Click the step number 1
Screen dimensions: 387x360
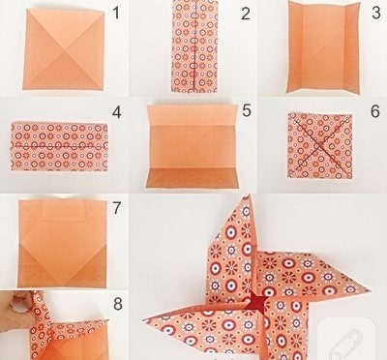[x=116, y=14]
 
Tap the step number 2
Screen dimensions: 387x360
[x=246, y=14]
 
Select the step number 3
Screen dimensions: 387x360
[x=376, y=14]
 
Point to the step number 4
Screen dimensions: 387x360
[x=116, y=112]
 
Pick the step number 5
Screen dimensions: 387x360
[x=247, y=110]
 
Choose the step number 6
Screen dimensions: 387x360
[x=375, y=111]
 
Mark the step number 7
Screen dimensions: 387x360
[x=117, y=208]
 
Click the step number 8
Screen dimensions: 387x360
[x=118, y=304]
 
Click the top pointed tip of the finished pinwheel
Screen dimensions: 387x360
[x=247, y=195]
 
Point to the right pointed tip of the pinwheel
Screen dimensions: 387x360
[x=369, y=289]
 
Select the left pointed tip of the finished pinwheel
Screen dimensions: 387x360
[x=143, y=319]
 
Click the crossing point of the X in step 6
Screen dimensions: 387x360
[x=318, y=145]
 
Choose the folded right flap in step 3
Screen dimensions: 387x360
[x=351, y=48]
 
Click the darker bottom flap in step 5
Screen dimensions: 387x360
[x=193, y=177]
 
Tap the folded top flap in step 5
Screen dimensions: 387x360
[x=193, y=115]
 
